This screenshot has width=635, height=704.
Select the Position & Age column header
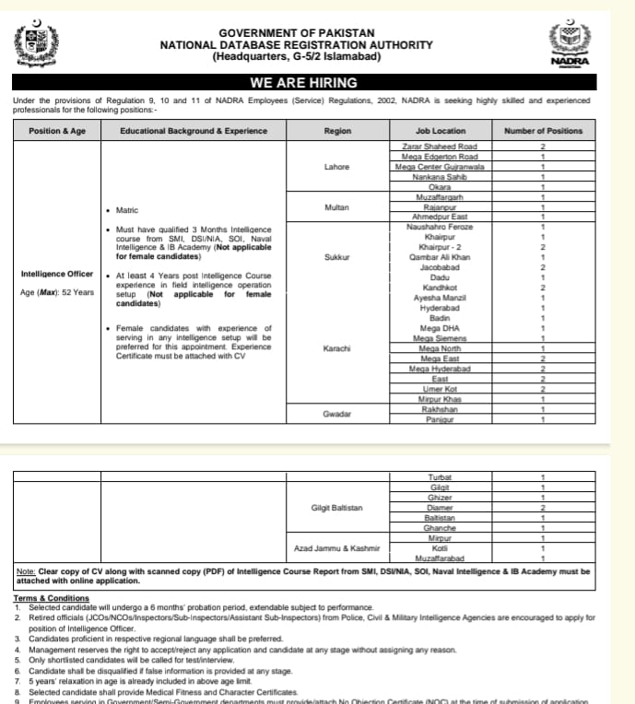click(x=57, y=131)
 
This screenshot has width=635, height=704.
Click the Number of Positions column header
click(x=543, y=131)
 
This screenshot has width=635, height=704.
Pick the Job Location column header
click(x=440, y=131)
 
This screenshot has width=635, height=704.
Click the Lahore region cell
click(x=336, y=167)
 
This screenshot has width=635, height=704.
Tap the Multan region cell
click(x=336, y=207)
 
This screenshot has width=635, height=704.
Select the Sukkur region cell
click(x=336, y=257)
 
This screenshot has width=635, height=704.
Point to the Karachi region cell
click(x=336, y=348)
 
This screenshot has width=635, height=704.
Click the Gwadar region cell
click(x=336, y=414)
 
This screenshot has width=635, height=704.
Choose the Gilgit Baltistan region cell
click(x=336, y=508)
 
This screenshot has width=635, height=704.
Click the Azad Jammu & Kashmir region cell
click(x=336, y=548)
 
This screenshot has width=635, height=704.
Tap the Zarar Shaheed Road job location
click(x=440, y=147)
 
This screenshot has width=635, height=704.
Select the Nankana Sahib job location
click(x=440, y=177)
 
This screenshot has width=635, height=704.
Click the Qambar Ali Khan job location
click(x=440, y=257)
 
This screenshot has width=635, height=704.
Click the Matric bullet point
click(x=127, y=210)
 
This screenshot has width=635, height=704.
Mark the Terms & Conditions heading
click(x=51, y=598)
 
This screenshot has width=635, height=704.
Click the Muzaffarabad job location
click(x=440, y=558)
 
